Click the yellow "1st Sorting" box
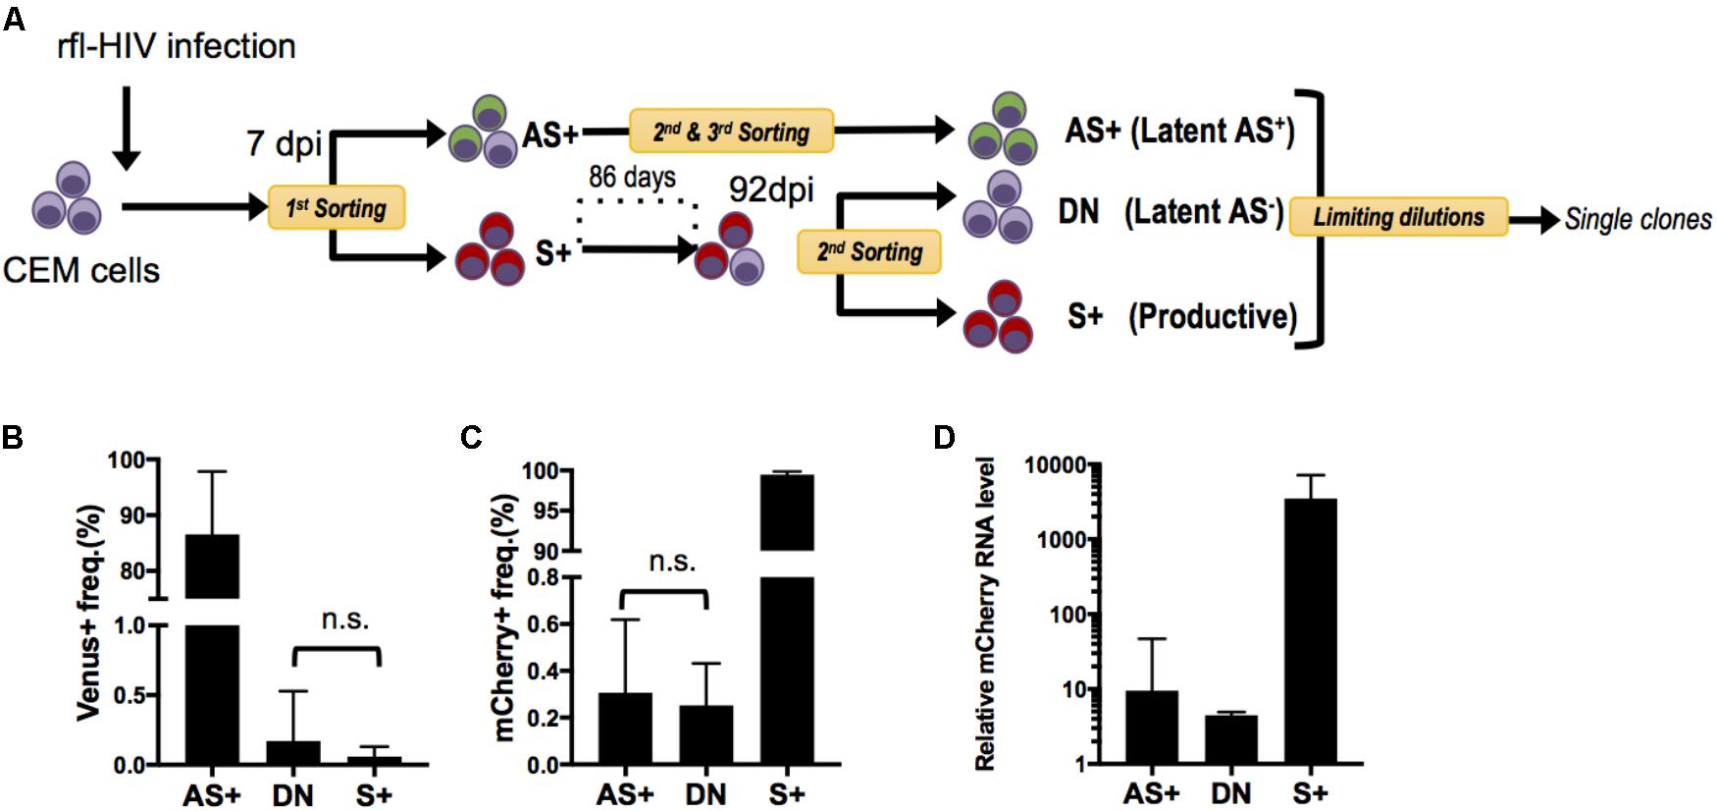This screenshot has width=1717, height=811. (x=337, y=207)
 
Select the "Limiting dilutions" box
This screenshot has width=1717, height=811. (x=1398, y=217)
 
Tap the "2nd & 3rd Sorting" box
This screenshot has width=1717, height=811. (x=731, y=131)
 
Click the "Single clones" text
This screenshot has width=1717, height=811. (x=1638, y=219)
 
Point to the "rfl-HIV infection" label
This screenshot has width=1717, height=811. (x=177, y=46)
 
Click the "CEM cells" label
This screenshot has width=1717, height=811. (x=81, y=270)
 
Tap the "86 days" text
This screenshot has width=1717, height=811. (x=632, y=177)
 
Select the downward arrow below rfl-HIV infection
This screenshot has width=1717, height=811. (x=127, y=128)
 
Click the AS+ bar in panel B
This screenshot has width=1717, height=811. (x=212, y=648)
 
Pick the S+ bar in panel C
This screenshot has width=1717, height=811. (x=787, y=619)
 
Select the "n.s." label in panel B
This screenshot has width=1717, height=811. (x=345, y=620)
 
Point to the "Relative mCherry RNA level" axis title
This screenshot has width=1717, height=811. (x=985, y=614)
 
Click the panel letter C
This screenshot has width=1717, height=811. (x=471, y=437)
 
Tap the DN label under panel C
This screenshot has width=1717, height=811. (x=705, y=793)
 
